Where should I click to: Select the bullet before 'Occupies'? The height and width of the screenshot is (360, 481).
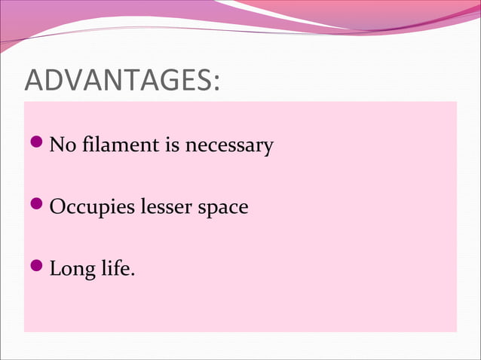coord(37,205)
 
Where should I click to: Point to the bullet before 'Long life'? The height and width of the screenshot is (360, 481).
coord(37,266)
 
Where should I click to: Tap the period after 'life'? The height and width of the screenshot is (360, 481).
coord(133,273)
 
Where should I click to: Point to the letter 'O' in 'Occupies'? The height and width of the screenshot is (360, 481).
coord(57,206)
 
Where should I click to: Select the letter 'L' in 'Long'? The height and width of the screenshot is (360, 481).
coord(55,267)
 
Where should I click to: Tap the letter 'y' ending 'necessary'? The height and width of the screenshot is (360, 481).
coord(267,147)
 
